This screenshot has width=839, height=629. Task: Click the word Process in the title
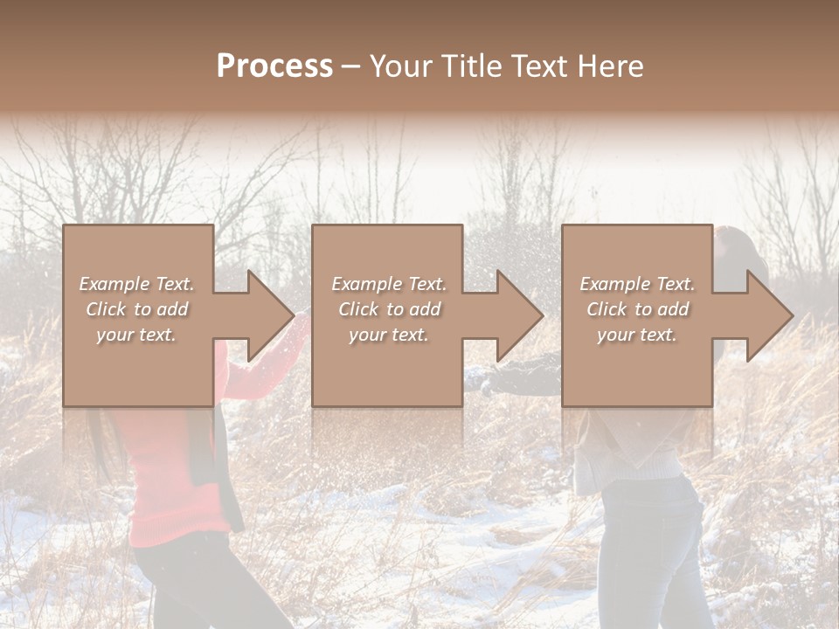(274, 66)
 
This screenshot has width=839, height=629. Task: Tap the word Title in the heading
(475, 66)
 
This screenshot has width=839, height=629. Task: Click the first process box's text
(136, 309)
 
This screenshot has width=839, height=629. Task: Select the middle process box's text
(388, 309)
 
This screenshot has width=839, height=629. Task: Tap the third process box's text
(636, 309)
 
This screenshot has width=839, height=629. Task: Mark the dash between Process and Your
(352, 66)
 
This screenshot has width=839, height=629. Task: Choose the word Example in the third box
(614, 284)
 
